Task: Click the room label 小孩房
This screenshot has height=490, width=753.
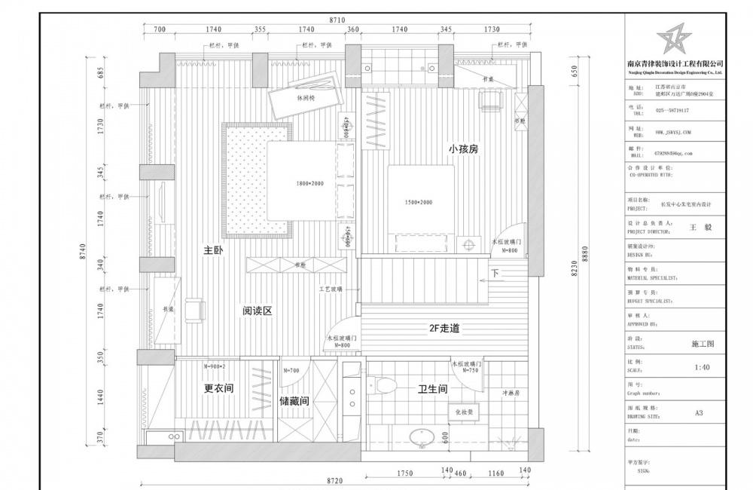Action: click(x=463, y=149)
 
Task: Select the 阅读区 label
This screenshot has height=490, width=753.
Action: click(x=256, y=311)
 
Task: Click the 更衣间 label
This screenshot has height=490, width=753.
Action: click(x=218, y=390)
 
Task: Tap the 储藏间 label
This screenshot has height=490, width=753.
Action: click(x=294, y=402)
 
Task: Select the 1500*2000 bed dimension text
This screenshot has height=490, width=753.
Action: click(x=419, y=203)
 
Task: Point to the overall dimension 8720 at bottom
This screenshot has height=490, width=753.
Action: click(x=337, y=480)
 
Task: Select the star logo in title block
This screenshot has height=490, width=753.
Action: click(x=674, y=38)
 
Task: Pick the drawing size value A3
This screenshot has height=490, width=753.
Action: click(x=699, y=413)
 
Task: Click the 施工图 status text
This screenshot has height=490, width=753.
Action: click(x=702, y=343)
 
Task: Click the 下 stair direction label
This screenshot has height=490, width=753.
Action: click(x=495, y=273)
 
